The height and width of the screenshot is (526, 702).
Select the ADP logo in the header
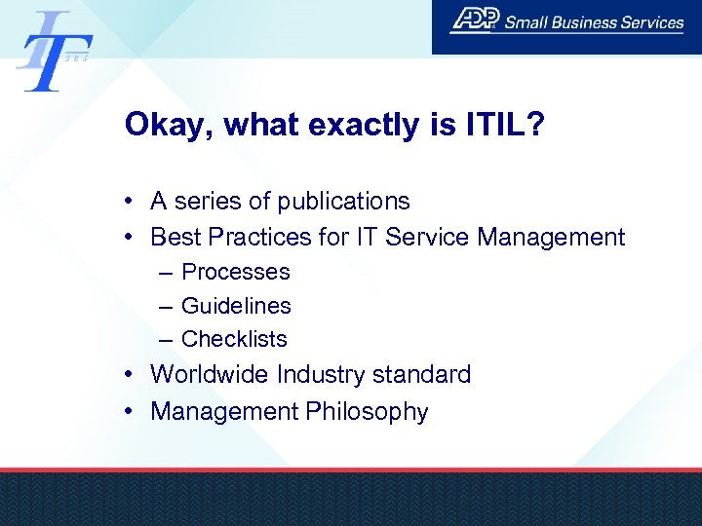[x=475, y=20]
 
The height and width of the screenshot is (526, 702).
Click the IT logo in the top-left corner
[x=54, y=50]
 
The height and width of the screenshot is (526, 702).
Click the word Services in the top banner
[x=651, y=21]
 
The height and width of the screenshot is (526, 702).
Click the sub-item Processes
[x=236, y=272]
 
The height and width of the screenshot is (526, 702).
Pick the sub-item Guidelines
[x=236, y=306]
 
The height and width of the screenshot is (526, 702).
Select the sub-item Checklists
[x=234, y=339]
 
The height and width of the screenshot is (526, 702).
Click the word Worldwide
[x=210, y=374]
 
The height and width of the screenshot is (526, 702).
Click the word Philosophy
[x=367, y=412]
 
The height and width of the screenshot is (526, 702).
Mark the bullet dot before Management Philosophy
[x=129, y=411]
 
